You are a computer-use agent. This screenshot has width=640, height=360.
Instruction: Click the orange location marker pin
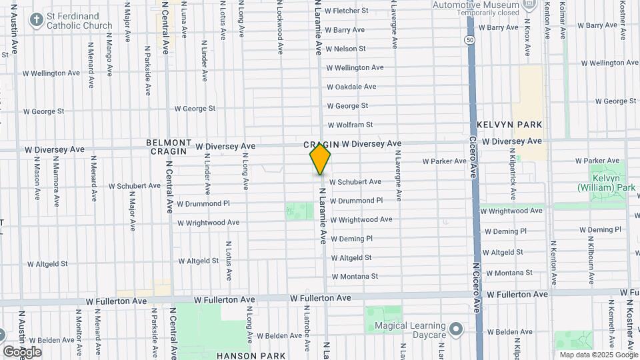[321, 159]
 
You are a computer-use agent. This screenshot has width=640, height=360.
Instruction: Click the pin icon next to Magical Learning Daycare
[456, 329]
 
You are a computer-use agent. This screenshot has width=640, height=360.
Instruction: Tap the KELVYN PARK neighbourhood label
[510, 125]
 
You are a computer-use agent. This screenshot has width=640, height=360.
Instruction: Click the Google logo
[22, 351]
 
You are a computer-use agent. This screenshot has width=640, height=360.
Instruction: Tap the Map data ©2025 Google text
[598, 355]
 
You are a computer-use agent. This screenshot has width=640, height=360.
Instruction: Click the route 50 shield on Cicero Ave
[470, 40]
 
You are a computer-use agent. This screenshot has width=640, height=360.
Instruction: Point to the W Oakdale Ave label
[351, 87]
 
